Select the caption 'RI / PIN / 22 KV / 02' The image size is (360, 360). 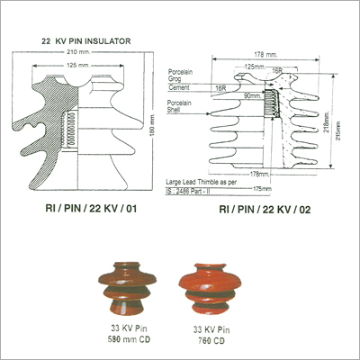click(x=255, y=209)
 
